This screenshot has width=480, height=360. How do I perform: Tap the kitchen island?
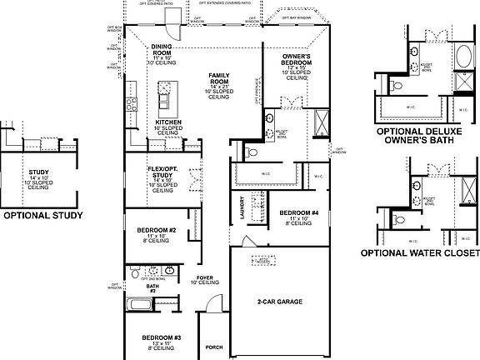click(165, 97)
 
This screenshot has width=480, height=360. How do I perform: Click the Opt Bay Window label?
click(297, 17)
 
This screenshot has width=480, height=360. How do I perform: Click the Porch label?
click(214, 347)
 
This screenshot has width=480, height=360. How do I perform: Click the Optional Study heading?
click(42, 214)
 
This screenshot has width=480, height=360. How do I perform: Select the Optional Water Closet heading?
click(420, 252)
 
